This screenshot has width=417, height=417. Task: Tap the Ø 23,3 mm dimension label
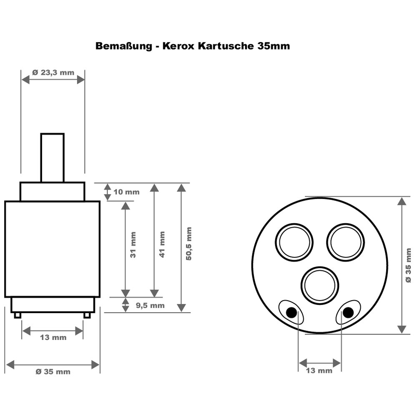(53, 72)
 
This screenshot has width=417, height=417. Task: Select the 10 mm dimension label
(126, 192)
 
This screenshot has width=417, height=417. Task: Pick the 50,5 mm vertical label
(189, 244)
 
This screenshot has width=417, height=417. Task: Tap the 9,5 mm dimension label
(150, 305)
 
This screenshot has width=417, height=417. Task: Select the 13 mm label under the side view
(53, 337)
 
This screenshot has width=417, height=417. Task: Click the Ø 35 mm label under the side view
(53, 372)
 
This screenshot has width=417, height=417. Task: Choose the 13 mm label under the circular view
(319, 370)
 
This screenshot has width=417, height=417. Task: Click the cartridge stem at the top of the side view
(52, 158)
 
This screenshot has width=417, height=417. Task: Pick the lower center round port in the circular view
(320, 286)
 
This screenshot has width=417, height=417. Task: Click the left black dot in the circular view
(292, 312)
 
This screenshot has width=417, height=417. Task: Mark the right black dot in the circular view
(347, 312)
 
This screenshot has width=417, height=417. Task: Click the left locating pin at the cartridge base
(17, 315)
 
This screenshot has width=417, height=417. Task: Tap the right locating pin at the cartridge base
(87, 315)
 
